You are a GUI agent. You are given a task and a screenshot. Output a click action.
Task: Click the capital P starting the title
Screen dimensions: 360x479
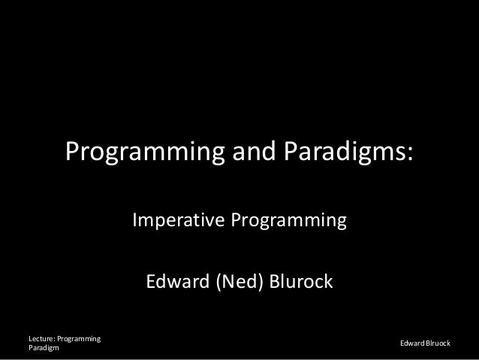tap(74, 154)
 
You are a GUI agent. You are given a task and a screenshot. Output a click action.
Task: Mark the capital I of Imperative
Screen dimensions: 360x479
tap(135, 222)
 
